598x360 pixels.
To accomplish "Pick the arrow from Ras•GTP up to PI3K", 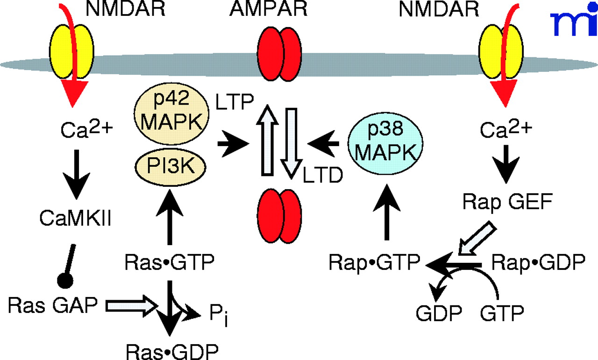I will [x=169, y=219].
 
